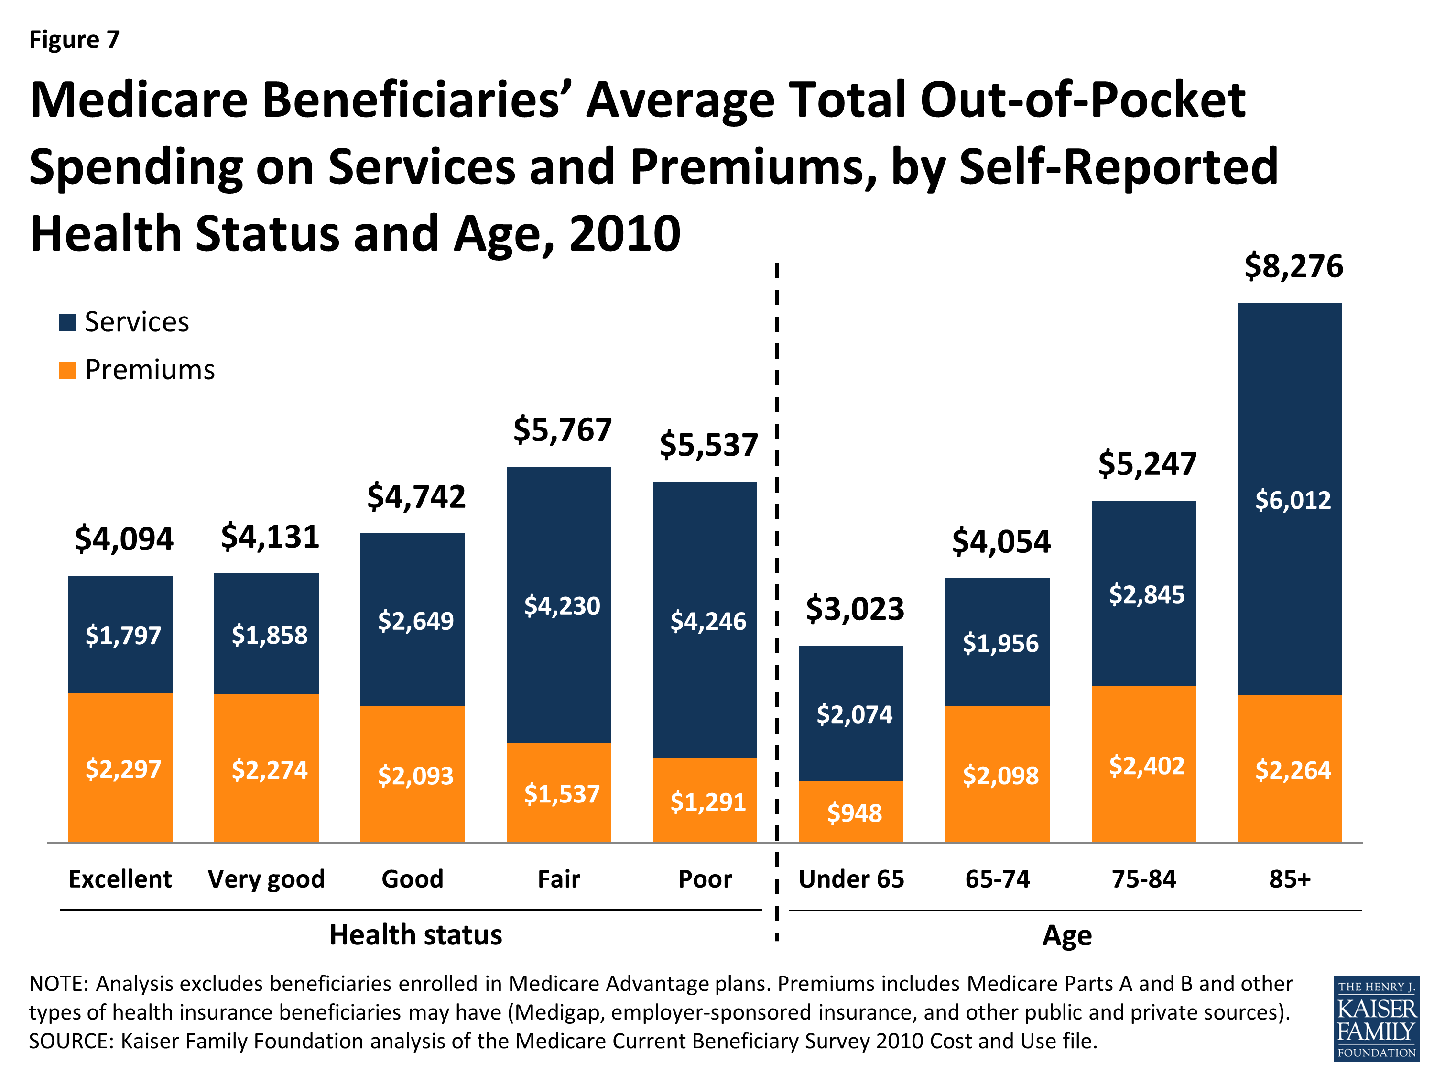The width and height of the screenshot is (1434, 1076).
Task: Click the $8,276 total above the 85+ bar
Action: coord(1293,266)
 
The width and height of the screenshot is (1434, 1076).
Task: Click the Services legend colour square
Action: coord(67,322)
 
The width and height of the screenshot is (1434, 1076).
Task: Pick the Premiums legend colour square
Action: coord(67,370)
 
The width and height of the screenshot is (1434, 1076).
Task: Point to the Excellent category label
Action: coord(120,879)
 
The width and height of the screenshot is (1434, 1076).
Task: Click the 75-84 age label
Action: coord(1143,879)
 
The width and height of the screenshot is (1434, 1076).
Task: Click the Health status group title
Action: coord(415,934)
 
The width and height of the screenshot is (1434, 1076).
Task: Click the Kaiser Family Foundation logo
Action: coord(1376,1019)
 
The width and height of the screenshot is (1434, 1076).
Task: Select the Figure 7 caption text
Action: coord(74,40)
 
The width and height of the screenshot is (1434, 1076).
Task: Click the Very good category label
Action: coord(266,879)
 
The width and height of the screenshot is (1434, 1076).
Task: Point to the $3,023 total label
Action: coord(855,609)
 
